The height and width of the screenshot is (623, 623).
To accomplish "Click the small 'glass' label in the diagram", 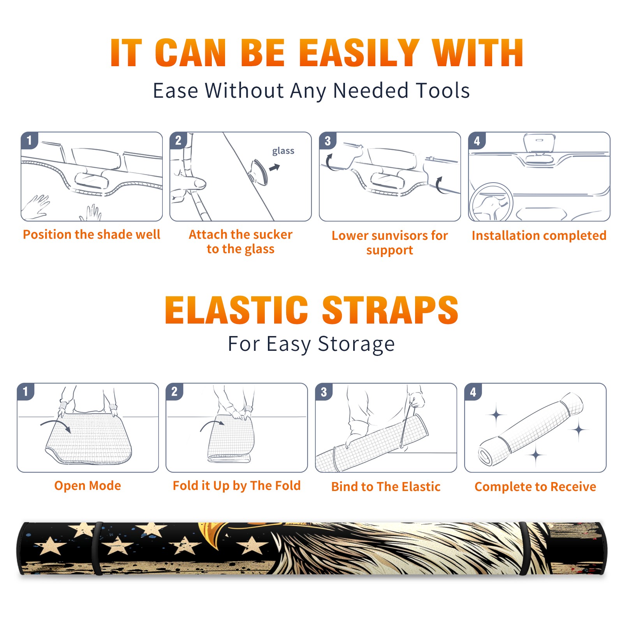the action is tap(283, 151).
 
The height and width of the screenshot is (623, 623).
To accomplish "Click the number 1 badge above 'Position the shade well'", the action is tap(30, 140).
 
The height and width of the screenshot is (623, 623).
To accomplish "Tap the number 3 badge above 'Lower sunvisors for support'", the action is tap(328, 140).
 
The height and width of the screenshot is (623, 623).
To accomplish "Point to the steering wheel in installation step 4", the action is tap(491, 202).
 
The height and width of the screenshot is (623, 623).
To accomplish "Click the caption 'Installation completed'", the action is tap(539, 236).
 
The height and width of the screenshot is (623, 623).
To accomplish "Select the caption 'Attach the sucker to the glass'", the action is tap(241, 241).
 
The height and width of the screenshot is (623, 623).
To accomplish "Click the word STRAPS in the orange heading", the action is tap(390, 310).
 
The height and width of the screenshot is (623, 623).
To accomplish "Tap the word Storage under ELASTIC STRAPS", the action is tap(356, 344).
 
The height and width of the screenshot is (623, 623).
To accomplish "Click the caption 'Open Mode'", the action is tap(88, 486).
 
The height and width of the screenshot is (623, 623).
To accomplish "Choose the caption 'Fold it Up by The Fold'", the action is tap(237, 486).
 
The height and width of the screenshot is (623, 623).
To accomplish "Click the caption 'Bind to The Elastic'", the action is tap(386, 487).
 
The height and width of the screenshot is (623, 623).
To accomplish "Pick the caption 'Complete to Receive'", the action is tap(535, 487).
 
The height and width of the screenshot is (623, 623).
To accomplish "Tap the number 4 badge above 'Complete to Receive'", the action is tap(473, 392).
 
